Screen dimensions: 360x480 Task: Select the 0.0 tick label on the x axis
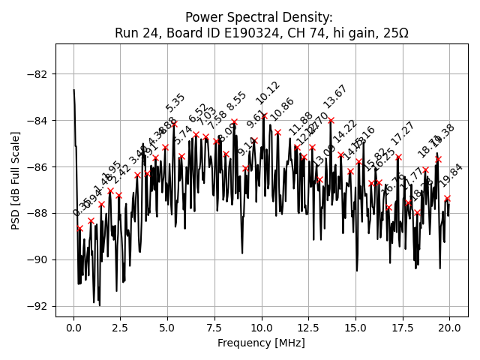click(74, 328)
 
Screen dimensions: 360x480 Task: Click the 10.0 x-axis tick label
click(262, 328)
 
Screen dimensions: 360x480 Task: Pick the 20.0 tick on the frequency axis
click(449, 328)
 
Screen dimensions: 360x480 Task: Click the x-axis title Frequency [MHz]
click(262, 343)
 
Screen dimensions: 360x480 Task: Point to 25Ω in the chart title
click(395, 33)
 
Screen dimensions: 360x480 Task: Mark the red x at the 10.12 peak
click(264, 115)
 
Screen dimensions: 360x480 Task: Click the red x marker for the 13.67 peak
click(331, 120)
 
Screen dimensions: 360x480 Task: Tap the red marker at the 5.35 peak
click(175, 124)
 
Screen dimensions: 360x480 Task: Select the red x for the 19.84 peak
click(447, 198)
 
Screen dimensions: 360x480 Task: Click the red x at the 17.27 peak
click(398, 157)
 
